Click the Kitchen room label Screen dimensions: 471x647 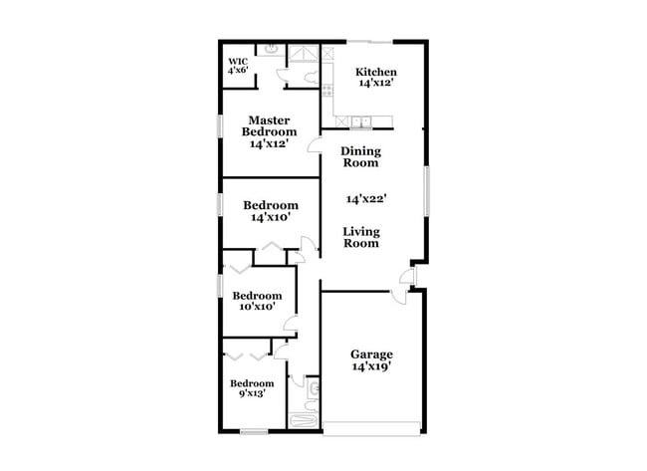[x=376, y=73]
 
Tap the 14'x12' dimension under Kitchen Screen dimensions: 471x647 [x=376, y=84]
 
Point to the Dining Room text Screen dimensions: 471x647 [x=360, y=156]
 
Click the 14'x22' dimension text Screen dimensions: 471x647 [x=365, y=198]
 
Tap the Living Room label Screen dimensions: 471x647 [x=360, y=237]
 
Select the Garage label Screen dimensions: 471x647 [x=371, y=354]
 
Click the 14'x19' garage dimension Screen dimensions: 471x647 [x=371, y=366]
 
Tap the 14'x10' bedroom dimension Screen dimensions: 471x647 [x=271, y=217]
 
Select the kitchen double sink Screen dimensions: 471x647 [x=360, y=122]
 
